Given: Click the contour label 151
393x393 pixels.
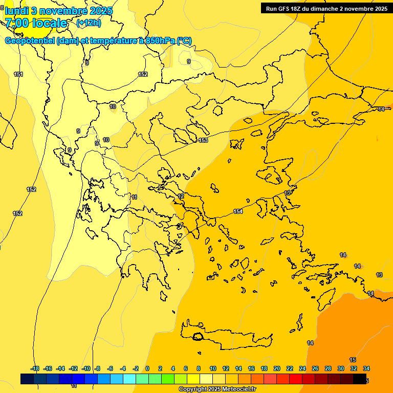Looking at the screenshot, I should click(18, 75).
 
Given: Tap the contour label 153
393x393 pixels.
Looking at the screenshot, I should click(203, 140).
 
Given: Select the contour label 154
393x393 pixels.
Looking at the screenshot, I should click(238, 211).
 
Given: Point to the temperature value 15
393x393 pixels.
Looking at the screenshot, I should click(353, 360).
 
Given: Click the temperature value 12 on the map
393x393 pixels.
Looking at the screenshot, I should click(181, 196).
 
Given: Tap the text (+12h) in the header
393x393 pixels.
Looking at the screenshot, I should click(89, 23).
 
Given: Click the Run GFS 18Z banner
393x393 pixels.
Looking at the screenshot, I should click(326, 8).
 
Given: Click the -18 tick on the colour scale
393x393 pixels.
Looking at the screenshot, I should click(35, 368).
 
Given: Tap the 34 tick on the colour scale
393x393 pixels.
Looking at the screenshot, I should click(366, 368).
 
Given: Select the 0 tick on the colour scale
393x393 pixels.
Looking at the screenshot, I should click(147, 368).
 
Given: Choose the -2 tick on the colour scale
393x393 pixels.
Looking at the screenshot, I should click(135, 368).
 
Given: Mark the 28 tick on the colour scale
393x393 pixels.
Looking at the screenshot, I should click(328, 368).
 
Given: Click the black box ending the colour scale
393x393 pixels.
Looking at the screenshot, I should click(360, 379).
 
